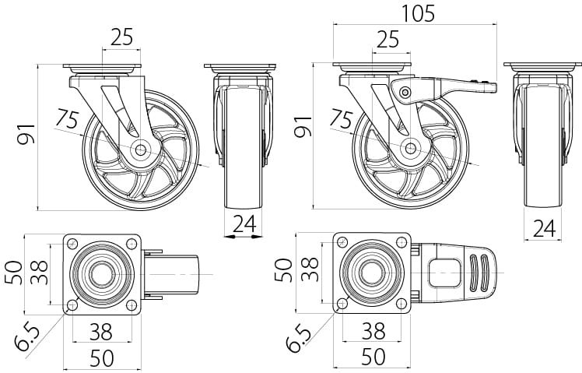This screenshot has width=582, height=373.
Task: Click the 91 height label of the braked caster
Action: [x=303, y=125]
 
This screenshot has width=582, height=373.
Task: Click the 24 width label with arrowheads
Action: [x=244, y=224]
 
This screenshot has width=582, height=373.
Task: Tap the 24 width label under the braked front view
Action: [x=545, y=228]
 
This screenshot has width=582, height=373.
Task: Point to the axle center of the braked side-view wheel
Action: [x=410, y=146]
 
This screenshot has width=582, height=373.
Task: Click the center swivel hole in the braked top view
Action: [x=373, y=273]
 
